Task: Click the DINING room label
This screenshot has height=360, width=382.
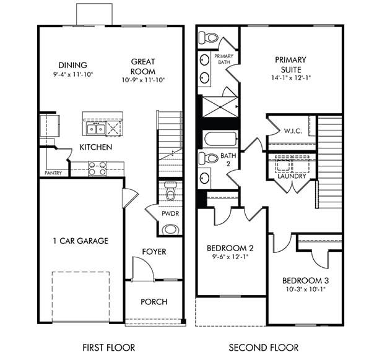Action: tap(72, 66)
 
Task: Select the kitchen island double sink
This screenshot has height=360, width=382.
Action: tap(95, 129)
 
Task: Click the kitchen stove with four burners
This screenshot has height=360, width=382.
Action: tap(97, 168)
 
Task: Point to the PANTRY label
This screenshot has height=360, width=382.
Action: tap(53, 173)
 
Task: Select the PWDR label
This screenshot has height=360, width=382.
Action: tap(170, 213)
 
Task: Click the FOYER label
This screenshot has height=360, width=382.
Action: tap(154, 252)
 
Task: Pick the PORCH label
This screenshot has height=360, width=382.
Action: tap(154, 302)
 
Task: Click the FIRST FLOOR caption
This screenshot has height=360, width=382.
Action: tap(108, 348)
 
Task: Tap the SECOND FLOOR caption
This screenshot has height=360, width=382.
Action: tap(263, 348)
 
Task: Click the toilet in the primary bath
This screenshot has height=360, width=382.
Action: tap(210, 38)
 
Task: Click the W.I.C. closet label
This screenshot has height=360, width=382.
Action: tap(293, 131)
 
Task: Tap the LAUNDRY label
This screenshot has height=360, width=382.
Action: tap(292, 176)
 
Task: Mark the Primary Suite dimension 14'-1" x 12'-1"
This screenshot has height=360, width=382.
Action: tap(291, 79)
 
